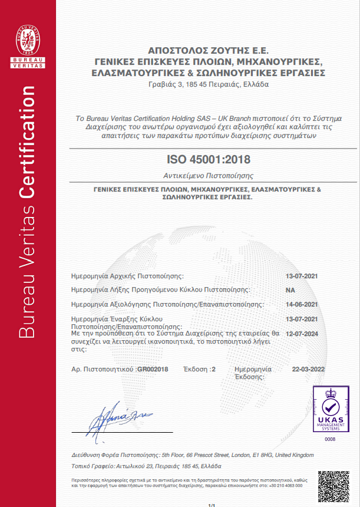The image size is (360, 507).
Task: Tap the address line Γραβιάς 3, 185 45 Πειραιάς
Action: coord(209,84)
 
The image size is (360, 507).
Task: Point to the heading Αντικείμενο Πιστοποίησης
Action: coord(209,176)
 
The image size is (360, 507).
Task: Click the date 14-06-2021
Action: coord(302,304)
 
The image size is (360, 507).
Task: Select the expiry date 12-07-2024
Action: coord(302,333)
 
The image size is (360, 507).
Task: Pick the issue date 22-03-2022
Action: coord(308,369)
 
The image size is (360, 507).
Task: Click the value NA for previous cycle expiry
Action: coord(290,290)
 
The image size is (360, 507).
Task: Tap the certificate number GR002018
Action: coord(153,369)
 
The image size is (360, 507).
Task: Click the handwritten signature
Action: coord(120,417)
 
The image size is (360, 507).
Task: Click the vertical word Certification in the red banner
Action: coord(28,151)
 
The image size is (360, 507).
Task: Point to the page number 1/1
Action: coord(212,505)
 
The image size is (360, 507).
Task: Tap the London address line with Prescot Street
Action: coord(192,455)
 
